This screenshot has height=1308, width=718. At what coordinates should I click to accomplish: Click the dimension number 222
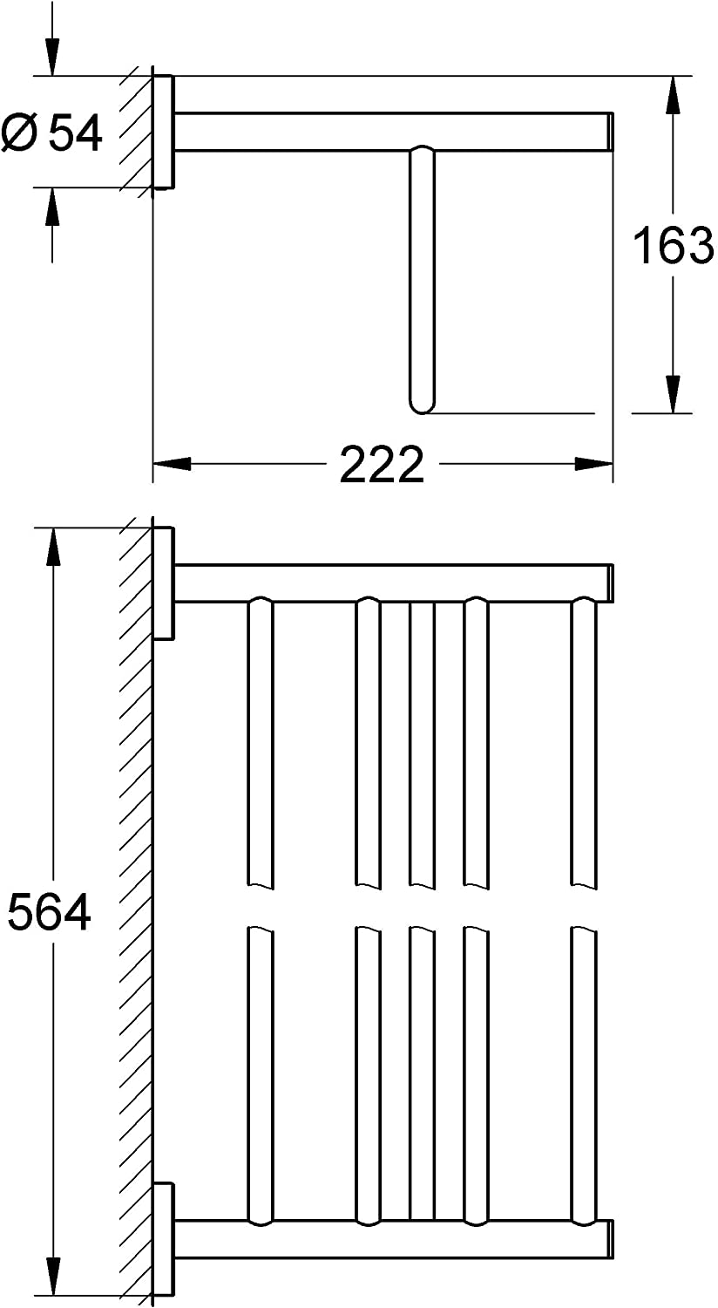pyautogui.click(x=382, y=464)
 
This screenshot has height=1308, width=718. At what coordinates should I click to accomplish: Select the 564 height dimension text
pyautogui.click(x=50, y=912)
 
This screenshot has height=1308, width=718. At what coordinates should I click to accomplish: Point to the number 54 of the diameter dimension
pyautogui.click(x=76, y=133)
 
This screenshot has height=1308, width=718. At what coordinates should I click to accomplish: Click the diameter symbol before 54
pyautogui.click(x=20, y=133)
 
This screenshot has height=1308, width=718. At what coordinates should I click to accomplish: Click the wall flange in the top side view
pyautogui.click(x=164, y=132)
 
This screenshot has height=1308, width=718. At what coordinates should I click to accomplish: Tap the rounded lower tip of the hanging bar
pyautogui.click(x=422, y=403)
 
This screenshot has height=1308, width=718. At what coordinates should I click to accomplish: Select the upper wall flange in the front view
pyautogui.click(x=164, y=583)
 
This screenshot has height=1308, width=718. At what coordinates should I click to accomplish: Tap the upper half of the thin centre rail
pyautogui.click(x=422, y=741)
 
